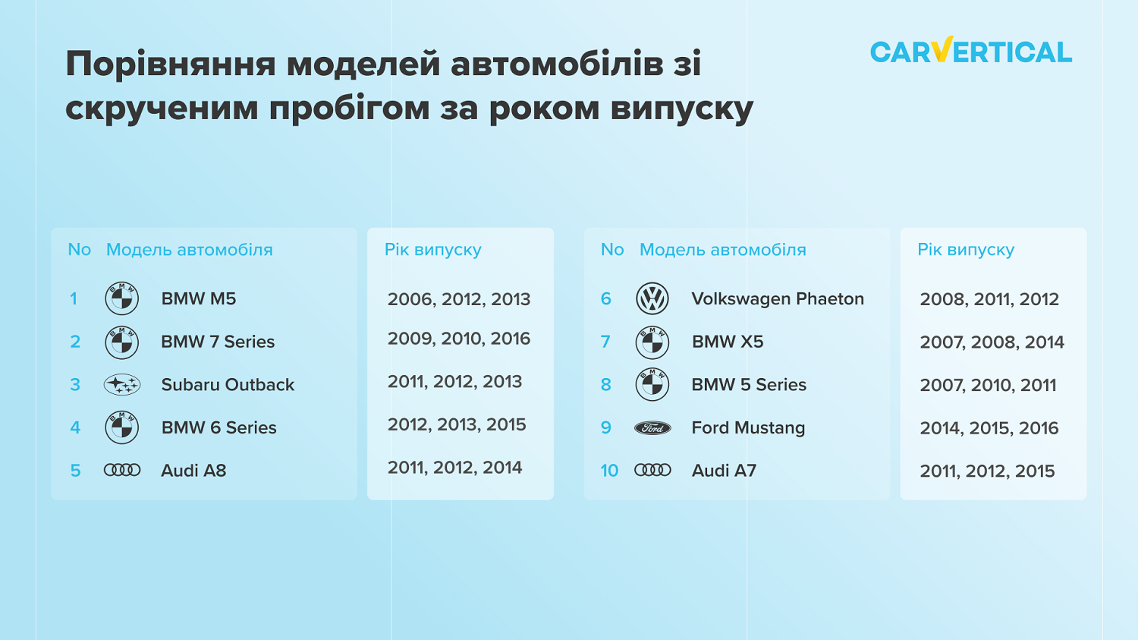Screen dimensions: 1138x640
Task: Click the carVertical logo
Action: [971, 50]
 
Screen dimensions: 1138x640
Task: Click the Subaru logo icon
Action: [122, 384]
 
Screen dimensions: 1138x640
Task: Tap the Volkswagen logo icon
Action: [652, 298]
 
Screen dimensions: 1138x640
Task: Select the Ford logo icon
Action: [652, 428]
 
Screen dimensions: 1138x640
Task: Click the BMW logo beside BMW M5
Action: [122, 298]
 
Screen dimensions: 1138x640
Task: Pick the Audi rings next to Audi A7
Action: [652, 470]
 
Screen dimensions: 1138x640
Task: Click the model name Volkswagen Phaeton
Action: [778, 298]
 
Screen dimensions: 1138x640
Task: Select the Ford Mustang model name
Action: [748, 428]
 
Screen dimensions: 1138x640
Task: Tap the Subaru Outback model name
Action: [228, 385]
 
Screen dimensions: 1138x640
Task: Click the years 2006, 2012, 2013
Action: [459, 299]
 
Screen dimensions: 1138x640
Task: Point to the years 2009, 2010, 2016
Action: [459, 339]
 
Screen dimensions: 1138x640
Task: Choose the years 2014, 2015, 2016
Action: [989, 428]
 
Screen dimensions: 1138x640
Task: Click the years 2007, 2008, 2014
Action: [992, 342]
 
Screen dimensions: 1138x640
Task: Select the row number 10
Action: [609, 471]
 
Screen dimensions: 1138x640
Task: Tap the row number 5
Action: [75, 471]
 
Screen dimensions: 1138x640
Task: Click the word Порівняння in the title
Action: [171, 65]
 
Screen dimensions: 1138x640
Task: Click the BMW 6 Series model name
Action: [219, 428]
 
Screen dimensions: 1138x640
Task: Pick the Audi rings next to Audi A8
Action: [122, 470]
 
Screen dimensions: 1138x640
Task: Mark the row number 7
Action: [605, 342]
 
